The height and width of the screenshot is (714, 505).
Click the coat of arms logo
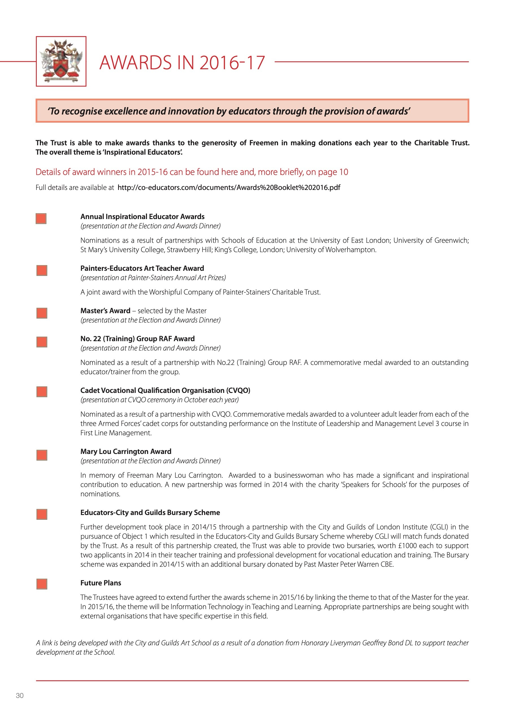[x=61, y=61]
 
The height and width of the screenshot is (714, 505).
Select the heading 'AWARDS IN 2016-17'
[x=182, y=62]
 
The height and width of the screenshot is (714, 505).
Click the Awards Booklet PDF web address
[x=229, y=187]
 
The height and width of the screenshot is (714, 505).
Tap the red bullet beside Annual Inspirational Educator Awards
[x=41, y=218]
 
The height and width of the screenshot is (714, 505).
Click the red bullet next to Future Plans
[x=42, y=584]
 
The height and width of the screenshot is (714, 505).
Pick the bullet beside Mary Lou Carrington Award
[x=42, y=455]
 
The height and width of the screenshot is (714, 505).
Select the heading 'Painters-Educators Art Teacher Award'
[x=142, y=268]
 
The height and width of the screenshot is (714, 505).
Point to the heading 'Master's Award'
[x=105, y=311]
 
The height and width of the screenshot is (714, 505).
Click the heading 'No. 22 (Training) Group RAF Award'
[x=137, y=339]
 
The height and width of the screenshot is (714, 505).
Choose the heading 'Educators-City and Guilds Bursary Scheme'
[x=150, y=512]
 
